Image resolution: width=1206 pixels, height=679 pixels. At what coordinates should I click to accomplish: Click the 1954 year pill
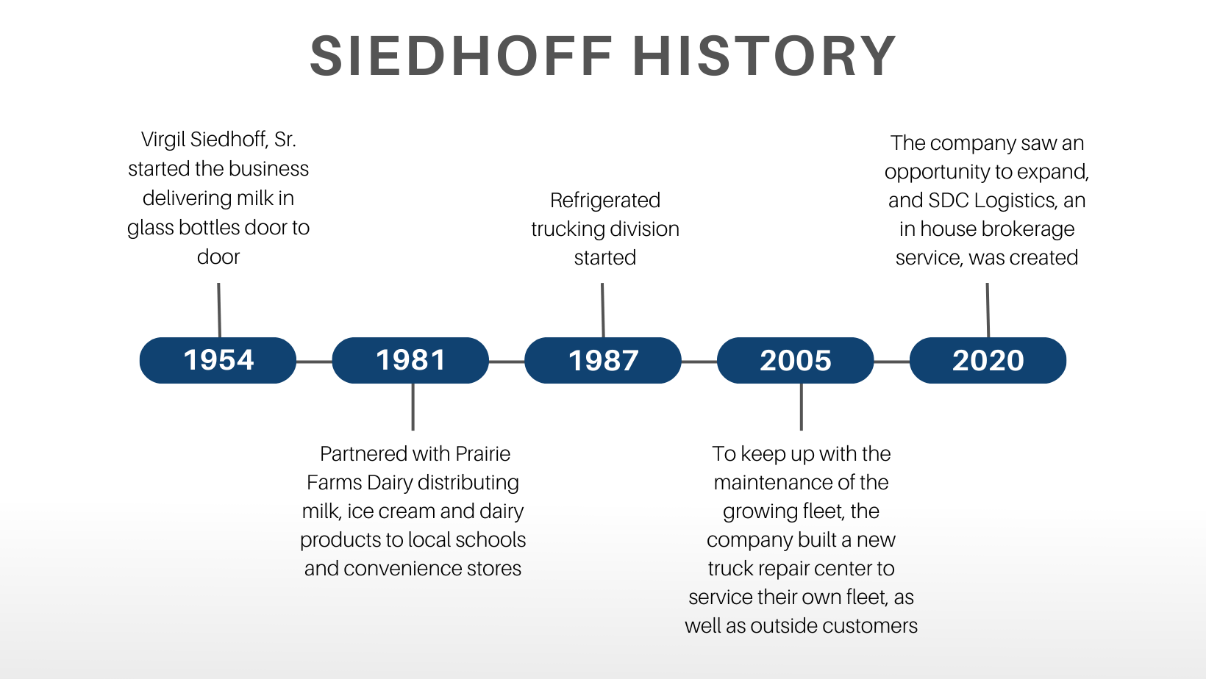point(218,360)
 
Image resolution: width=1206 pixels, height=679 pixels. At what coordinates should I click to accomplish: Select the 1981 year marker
point(410,360)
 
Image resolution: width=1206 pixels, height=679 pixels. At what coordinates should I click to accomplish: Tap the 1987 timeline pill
point(603,360)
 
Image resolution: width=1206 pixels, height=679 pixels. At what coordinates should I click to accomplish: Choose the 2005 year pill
point(795,360)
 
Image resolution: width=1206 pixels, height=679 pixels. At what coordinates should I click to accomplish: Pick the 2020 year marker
point(988,360)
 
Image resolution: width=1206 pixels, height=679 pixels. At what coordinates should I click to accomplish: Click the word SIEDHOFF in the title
point(462,56)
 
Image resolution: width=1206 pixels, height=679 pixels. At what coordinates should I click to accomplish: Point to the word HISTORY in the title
point(764,56)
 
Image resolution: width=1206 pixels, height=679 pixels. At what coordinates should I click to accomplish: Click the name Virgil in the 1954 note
point(163,140)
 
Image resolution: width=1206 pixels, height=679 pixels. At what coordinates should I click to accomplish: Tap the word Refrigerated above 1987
point(605,200)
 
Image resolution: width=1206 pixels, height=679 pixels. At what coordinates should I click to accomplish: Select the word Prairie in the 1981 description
point(482,453)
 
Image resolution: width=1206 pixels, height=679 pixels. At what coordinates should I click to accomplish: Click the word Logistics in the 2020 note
point(1016,200)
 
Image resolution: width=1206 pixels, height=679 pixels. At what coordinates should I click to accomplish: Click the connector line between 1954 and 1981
point(314,362)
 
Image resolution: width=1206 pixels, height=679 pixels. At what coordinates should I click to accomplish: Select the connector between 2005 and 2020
point(891,362)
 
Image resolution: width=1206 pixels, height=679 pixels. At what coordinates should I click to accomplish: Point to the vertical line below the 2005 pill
point(801,406)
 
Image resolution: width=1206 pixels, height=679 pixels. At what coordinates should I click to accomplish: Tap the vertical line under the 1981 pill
point(413,406)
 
